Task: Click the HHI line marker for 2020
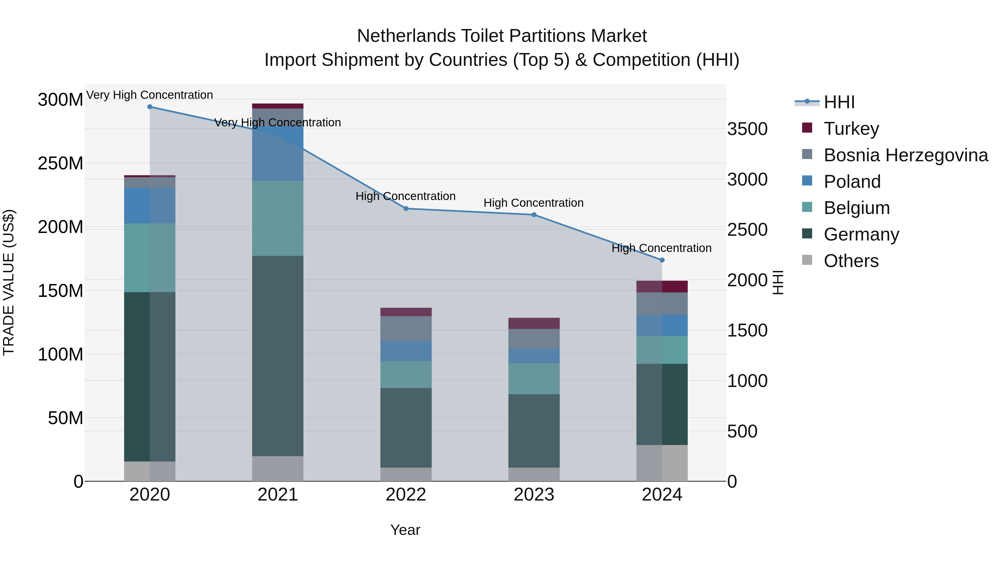(150, 107)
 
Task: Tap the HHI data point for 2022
(406, 209)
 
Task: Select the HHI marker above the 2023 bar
(534, 215)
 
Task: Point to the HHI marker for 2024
(662, 260)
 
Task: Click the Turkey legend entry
(851, 129)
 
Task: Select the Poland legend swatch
(807, 181)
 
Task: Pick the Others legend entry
(851, 261)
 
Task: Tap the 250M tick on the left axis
(61, 164)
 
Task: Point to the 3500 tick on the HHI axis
(747, 129)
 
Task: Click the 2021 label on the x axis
(277, 495)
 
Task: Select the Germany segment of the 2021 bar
(277, 356)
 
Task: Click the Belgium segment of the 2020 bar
(150, 258)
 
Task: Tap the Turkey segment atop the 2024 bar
(662, 287)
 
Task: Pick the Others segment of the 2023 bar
(534, 474)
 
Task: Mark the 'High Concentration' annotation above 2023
(533, 203)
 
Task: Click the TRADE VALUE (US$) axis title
(9, 282)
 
